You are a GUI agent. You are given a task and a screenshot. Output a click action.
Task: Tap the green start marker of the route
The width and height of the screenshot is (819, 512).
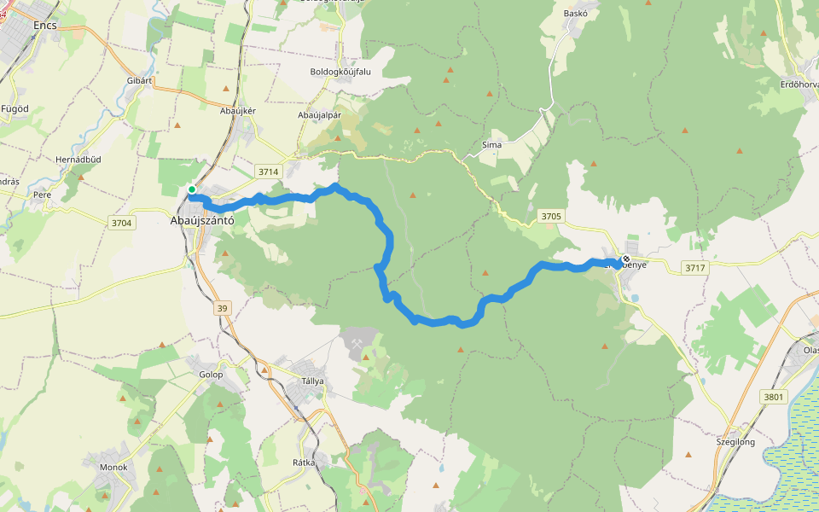coord(192,189)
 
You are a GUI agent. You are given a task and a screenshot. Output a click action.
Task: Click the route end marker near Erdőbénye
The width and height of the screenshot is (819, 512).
coord(626,259)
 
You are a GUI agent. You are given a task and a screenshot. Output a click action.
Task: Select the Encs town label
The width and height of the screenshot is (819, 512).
coord(45,26)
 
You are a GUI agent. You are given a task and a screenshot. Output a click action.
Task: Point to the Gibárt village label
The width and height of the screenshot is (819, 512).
coord(139,80)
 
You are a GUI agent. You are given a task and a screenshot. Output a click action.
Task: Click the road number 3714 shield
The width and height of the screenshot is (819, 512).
coord(268,172)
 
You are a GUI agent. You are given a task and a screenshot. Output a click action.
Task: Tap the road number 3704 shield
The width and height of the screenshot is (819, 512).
coord(121,223)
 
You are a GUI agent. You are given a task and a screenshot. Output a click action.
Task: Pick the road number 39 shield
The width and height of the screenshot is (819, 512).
coord(224,308)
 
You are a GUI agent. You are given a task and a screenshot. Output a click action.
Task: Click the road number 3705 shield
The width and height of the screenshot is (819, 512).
coord(551,217)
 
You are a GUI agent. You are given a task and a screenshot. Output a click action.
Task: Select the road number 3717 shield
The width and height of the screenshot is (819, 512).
coord(696,268)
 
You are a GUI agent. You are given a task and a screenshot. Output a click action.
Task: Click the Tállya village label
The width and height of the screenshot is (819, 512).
coord(312,381)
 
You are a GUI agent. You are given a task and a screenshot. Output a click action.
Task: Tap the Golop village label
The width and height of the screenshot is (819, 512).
coord(211,375)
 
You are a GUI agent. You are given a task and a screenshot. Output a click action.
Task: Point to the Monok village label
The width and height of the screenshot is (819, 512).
coord(113,467)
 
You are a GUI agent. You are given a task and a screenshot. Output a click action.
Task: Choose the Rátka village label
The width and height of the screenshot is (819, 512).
coord(304,463)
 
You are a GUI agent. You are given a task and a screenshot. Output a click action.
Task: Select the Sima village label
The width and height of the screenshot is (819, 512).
coord(492,145)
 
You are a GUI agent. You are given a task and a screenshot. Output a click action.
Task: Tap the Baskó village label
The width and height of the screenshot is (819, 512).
coord(577,14)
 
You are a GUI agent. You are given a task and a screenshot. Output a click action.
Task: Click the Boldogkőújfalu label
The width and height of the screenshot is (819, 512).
coord(341,72)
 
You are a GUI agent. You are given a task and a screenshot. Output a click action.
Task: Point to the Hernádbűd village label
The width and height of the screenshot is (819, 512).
coord(78,160)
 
